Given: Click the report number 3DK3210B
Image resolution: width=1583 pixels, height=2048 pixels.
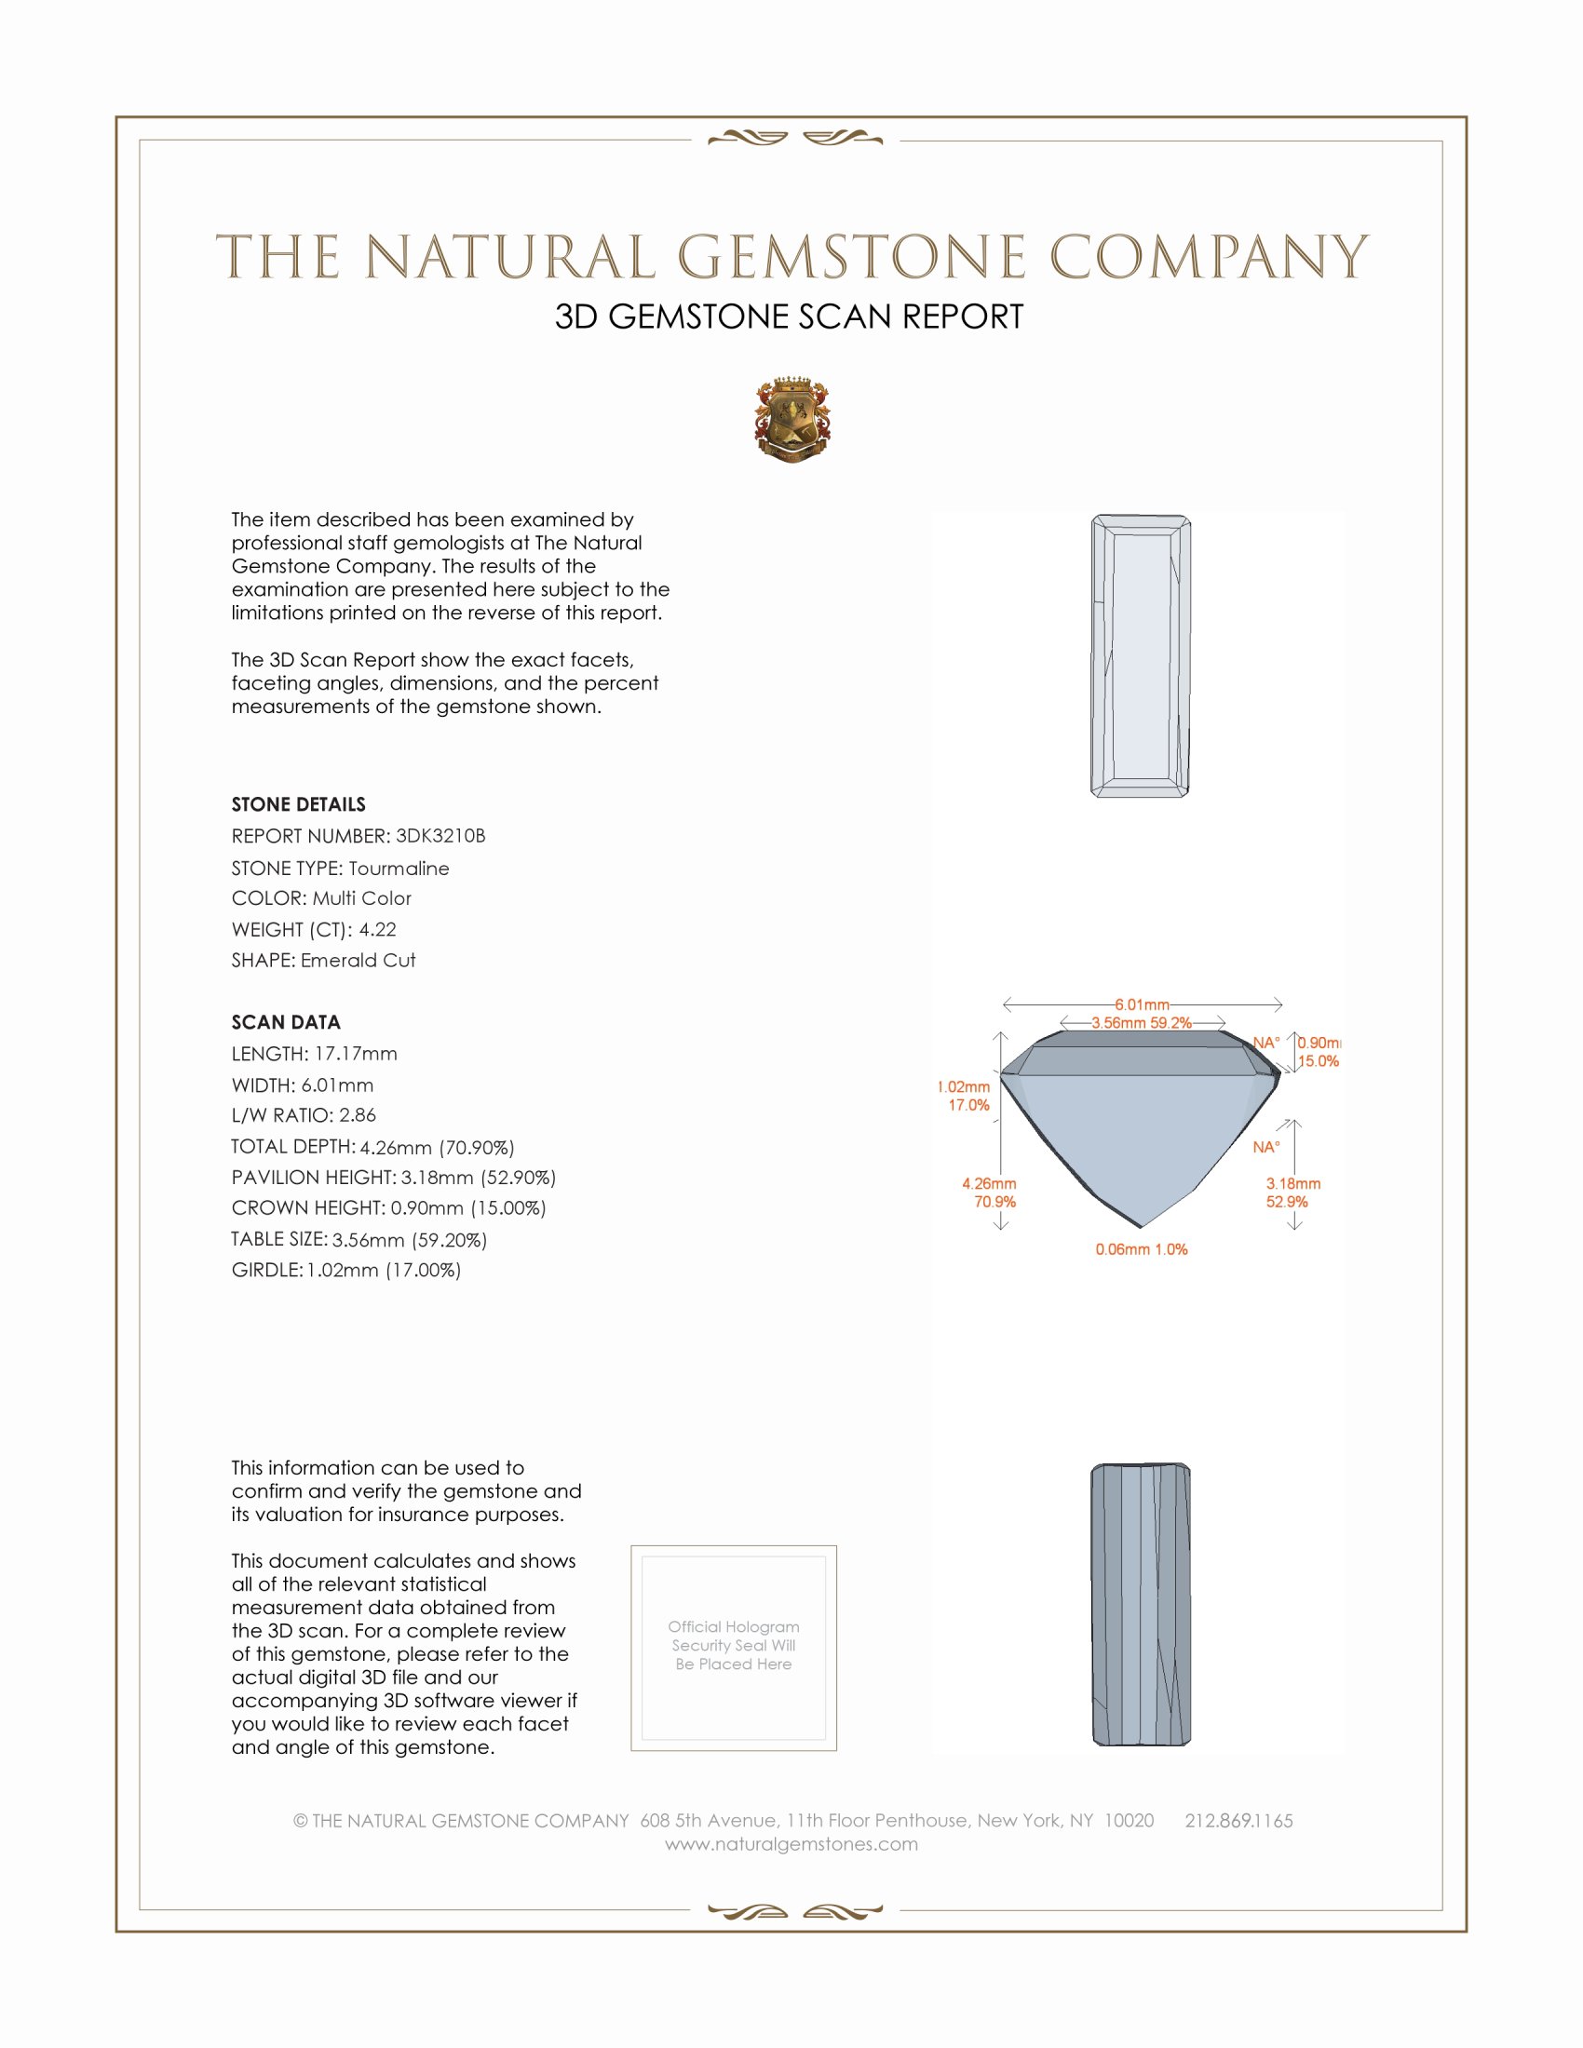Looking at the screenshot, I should tap(440, 836).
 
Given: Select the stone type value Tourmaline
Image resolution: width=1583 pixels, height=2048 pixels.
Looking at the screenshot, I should tap(399, 869).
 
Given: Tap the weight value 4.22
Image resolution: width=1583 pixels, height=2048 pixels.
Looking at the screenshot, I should tap(378, 929).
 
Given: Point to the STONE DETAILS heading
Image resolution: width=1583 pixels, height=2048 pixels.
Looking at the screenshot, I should tap(298, 804).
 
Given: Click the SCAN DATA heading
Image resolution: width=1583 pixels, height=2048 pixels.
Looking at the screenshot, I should tap(286, 1022).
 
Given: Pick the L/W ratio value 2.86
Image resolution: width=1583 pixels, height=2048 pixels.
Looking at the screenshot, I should tap(358, 1115).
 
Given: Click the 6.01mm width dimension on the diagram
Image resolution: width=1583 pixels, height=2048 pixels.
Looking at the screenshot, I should tap(1142, 1004).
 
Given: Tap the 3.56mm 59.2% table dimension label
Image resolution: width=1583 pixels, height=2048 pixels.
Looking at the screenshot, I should tap(1142, 1023).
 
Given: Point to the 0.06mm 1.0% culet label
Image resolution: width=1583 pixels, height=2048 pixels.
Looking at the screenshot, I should tap(1142, 1249).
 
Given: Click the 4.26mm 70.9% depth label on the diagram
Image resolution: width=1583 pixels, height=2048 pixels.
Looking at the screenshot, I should tap(989, 1192).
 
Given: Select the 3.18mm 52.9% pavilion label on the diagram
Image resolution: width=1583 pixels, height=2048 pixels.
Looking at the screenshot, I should tap(1292, 1192).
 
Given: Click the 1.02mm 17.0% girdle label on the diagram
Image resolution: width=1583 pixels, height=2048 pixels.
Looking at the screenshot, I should tap(965, 1097).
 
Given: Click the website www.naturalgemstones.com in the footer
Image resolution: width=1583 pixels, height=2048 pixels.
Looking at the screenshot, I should tap(791, 1844).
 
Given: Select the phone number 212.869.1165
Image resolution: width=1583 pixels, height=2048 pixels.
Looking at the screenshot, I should tap(1238, 1821).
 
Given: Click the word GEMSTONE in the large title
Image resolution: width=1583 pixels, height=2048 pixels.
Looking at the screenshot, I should tap(851, 258).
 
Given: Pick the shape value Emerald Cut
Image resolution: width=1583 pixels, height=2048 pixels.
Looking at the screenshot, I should tap(358, 961).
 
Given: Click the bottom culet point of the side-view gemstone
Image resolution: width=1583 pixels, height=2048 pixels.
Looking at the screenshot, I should tap(1142, 1226).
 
